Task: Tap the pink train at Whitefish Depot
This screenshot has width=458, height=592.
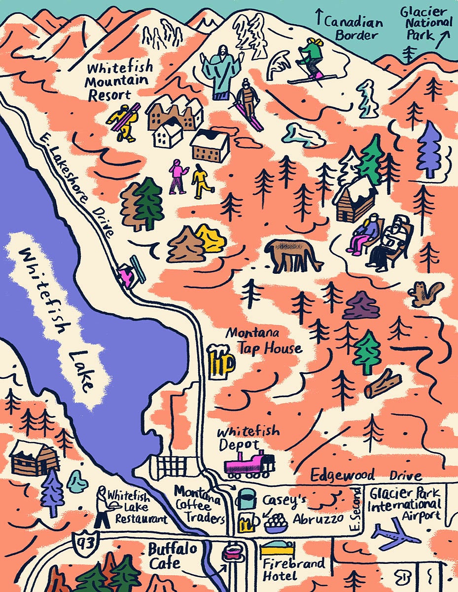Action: (249, 464)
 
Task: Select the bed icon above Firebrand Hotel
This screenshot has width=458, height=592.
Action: (277, 549)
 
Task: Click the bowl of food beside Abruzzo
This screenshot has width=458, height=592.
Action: (276, 523)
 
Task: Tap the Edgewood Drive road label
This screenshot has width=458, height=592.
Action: (366, 476)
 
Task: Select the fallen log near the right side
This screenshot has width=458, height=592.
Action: (383, 384)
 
